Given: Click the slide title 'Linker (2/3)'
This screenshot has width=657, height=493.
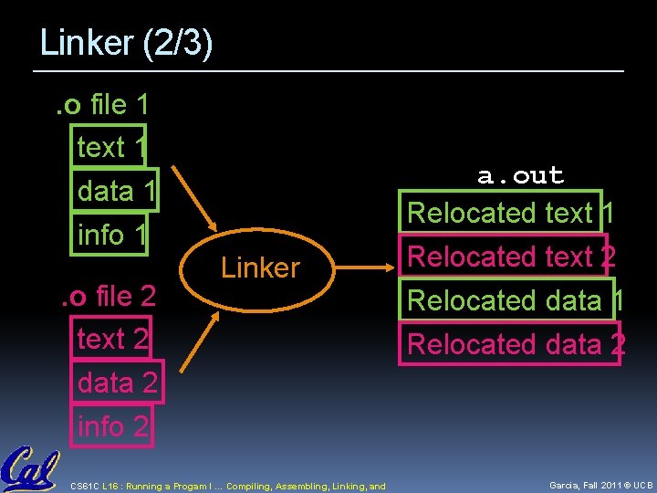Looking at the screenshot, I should coord(126,44).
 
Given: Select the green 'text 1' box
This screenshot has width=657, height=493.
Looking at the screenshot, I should coord(108,147).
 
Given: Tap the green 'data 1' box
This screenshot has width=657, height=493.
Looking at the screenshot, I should coord(116,191).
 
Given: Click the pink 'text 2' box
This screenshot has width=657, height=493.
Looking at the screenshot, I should coord(110,339).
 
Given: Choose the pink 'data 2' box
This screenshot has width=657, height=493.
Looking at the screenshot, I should coord(118,383).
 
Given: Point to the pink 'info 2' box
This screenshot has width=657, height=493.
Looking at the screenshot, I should coord(112,426).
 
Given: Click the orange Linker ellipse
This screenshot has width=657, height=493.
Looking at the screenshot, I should coord(260,267).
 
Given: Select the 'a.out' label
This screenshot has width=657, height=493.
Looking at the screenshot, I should coord(520,175).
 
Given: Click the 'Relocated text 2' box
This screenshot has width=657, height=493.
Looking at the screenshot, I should coord(511,257).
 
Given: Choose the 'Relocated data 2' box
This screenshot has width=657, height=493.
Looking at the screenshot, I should coord(513,344).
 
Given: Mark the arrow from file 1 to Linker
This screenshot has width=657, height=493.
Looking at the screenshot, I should coord(195,200).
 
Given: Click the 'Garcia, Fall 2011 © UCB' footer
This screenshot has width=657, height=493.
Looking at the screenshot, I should coord(601,486).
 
